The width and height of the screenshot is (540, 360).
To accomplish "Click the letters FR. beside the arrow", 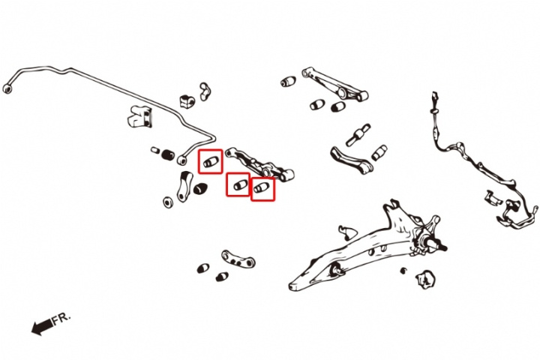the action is pyautogui.click(x=61, y=319).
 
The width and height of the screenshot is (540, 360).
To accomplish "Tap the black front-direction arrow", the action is pyautogui.click(x=42, y=326).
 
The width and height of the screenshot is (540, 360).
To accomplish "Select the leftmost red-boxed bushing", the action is pyautogui.click(x=211, y=161).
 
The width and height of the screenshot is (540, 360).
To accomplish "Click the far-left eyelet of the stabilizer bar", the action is pyautogui.click(x=7, y=88).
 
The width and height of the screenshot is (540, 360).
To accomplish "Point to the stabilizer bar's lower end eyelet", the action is pyautogui.click(x=182, y=160).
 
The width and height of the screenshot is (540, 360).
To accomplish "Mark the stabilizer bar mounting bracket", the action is pyautogui.click(x=139, y=115).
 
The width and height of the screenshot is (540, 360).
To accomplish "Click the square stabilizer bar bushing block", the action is pyautogui.click(x=187, y=101).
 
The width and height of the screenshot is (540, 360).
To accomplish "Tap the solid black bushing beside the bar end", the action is pyautogui.click(x=168, y=154).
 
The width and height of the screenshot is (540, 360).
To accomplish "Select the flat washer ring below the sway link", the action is pyautogui.click(x=168, y=202).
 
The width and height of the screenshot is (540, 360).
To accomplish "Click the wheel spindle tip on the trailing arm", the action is pyautogui.click(x=443, y=247).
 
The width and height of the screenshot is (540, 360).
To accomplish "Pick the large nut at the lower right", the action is pyautogui.click(x=426, y=279).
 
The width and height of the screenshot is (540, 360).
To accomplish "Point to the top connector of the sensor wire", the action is pyautogui.click(x=434, y=96).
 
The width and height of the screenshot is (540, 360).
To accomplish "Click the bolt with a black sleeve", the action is pyautogui.click(x=358, y=134).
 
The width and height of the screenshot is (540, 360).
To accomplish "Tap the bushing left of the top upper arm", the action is pyautogui.click(x=288, y=82).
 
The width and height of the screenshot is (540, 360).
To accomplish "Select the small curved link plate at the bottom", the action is pyautogui.click(x=238, y=259).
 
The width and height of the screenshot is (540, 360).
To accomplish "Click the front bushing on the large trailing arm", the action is pyautogui.click(x=336, y=269).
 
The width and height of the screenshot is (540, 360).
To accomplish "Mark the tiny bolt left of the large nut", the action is pyautogui.click(x=403, y=271).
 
